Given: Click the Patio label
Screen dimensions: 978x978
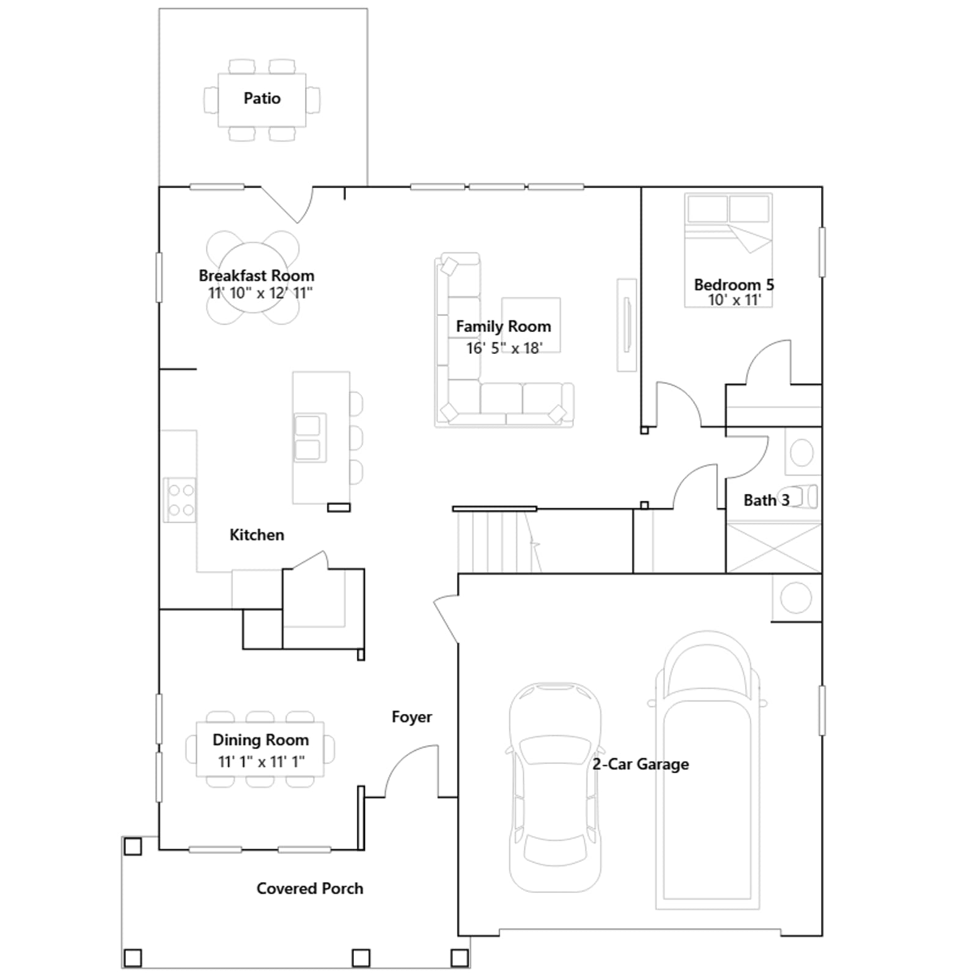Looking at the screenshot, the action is (262, 98).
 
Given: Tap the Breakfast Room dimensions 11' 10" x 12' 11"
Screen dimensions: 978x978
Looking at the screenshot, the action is (260, 293).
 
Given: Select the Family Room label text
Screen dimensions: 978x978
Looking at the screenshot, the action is (504, 327).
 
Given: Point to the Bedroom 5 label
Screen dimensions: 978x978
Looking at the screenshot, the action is (734, 285).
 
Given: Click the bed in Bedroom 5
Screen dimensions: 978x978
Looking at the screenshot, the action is (729, 250).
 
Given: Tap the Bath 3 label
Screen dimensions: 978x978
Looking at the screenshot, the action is (767, 500).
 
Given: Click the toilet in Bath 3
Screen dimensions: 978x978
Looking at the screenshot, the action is (798, 497).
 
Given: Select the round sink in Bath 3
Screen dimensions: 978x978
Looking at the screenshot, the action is (801, 453).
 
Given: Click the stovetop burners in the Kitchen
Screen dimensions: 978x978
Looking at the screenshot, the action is (180, 499).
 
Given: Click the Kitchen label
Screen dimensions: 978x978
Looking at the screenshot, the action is (257, 535).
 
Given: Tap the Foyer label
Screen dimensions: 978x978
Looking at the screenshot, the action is (411, 717).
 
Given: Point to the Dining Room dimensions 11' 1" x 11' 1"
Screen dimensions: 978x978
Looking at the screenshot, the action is (261, 762).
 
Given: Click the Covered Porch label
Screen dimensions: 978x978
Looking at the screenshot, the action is (310, 888).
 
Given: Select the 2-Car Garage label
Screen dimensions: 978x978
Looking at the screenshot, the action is (641, 764).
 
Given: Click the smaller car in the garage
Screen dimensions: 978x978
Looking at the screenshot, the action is (555, 787).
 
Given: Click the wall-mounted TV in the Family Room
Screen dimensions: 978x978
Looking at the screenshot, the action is (627, 325).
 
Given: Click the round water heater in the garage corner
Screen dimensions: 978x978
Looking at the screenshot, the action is (796, 598).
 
